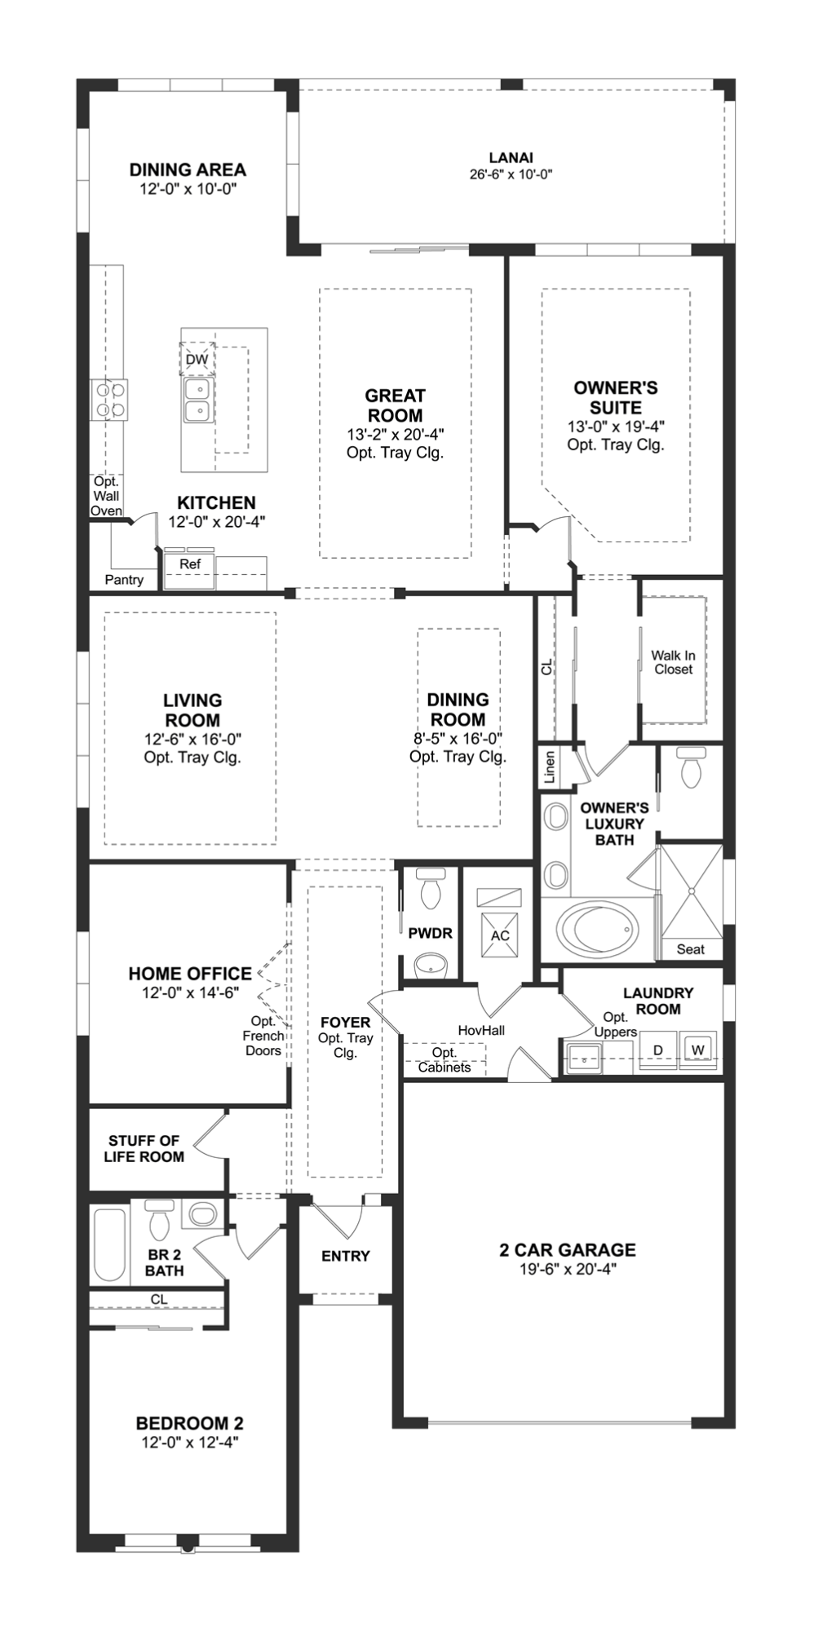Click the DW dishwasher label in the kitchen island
[x=197, y=360]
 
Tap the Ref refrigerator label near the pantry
[x=190, y=564]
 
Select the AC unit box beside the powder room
[x=500, y=935]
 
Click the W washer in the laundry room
[x=697, y=1050]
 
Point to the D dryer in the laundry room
[x=658, y=1050]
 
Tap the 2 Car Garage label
[x=568, y=1249]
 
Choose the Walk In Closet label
[x=673, y=662]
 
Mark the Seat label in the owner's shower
[x=690, y=949]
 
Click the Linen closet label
[x=550, y=767]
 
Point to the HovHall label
[x=481, y=1030]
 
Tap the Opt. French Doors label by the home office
[x=263, y=1036]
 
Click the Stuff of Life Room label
[x=144, y=1148]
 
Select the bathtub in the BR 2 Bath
[x=109, y=1245]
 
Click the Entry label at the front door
[x=346, y=1256]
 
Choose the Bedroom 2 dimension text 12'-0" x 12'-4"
[x=189, y=1443]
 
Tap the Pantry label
[x=124, y=580]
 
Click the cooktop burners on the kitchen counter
[x=111, y=400]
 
